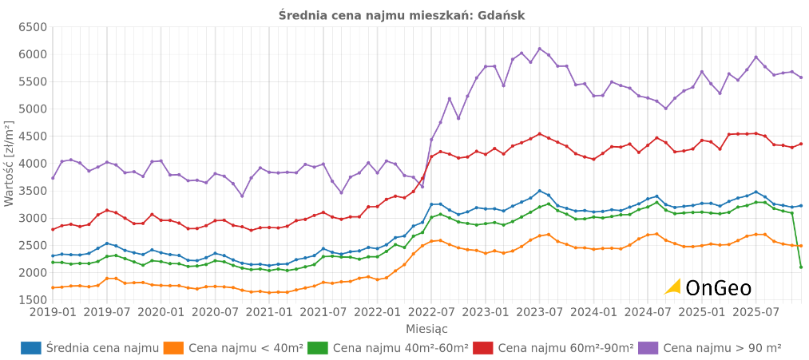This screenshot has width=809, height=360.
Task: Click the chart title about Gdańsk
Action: (x=402, y=15)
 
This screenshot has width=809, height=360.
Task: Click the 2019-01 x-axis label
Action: (x=53, y=312)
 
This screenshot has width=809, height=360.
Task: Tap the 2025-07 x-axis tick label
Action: (x=755, y=312)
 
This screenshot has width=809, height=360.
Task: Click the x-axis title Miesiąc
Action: (x=426, y=329)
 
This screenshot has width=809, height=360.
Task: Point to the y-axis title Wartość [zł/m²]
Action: (x=9, y=164)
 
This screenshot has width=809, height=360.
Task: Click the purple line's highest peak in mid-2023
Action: (x=539, y=49)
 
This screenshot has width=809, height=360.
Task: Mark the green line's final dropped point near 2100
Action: (x=801, y=267)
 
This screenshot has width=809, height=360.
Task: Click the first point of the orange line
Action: (x=53, y=287)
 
